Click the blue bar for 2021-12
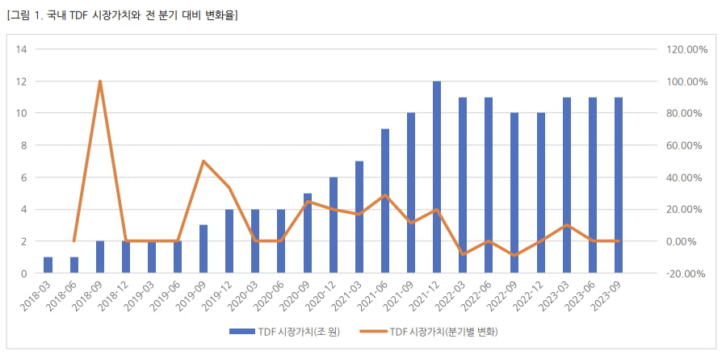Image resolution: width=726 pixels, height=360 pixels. click(437, 178)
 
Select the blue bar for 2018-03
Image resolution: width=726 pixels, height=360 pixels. click(48, 266)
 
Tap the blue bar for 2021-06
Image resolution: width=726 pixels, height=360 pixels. click(385, 202)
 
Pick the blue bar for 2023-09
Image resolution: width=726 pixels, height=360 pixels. click(619, 186)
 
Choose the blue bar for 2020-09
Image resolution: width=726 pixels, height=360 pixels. click(307, 233)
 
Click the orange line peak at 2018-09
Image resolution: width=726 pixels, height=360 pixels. click(99, 81)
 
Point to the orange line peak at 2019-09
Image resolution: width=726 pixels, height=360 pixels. click(204, 161)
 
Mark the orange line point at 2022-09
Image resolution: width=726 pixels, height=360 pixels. click(514, 255)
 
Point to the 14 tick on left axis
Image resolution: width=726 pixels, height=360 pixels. click(22, 49)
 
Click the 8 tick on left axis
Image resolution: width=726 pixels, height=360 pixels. click(23, 145)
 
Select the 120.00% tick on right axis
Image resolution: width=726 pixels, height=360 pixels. click(687, 49)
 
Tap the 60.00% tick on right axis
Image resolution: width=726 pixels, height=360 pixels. click(687, 145)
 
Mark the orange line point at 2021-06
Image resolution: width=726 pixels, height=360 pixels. click(385, 195)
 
